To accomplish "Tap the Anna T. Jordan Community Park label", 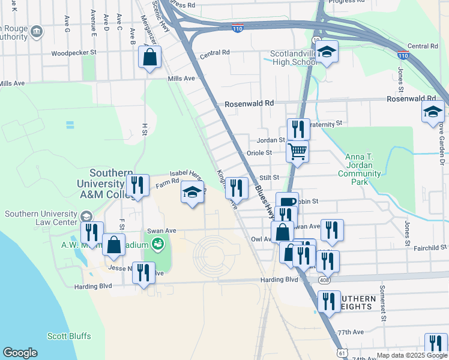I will tap(363, 169).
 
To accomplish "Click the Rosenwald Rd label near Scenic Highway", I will tap(249, 104).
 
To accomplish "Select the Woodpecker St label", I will tap(74, 53).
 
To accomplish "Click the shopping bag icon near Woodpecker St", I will tap(149, 58).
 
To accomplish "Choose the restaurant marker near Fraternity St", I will tap(298, 128).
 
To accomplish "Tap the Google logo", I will tap(20, 353).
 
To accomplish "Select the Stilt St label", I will tap(270, 178).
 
